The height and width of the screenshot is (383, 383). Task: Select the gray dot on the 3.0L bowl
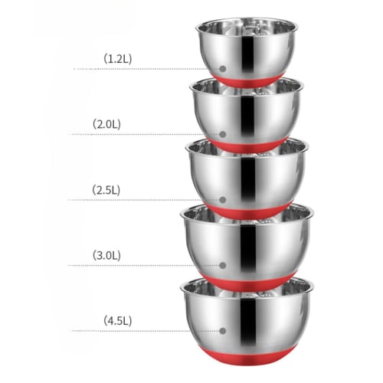(223, 265)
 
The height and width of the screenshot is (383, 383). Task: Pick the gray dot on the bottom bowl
(223, 331)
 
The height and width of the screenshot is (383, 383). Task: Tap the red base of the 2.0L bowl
(247, 144)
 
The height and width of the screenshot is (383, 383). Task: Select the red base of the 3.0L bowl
(247, 277)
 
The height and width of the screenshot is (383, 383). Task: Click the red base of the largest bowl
(247, 354)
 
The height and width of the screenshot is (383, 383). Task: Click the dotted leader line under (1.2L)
(146, 69)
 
